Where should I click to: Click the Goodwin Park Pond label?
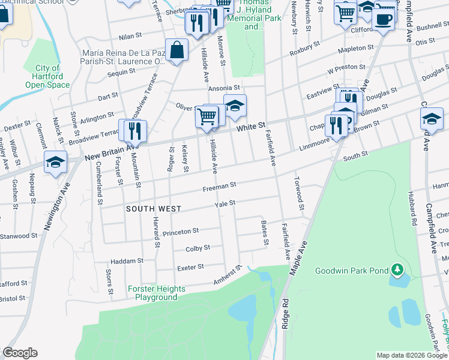[352, 271]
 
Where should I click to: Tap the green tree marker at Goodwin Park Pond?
[396, 270]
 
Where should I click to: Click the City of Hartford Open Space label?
[47, 77]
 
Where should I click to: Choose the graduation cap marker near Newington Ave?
[55, 163]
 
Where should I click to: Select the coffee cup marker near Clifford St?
[383, 18]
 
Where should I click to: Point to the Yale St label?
[225, 204]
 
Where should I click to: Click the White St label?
[250, 127]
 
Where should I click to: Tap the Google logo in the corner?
[20, 353]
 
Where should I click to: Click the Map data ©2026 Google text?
[412, 355]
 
